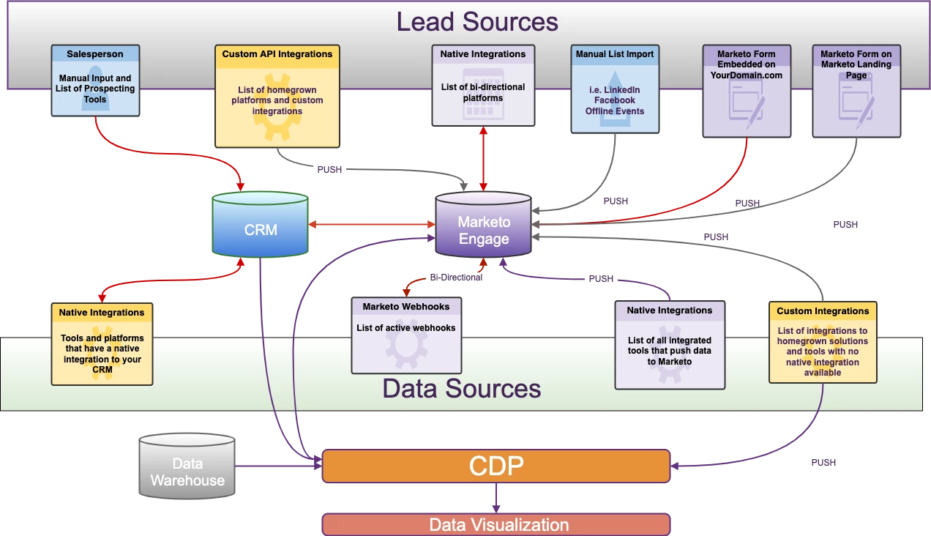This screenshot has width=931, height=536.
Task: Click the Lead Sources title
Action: [x=477, y=21]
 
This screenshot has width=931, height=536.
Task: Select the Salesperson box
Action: [x=95, y=81]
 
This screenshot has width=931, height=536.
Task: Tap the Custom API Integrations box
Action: [x=277, y=96]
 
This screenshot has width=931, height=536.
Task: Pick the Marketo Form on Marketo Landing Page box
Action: [x=856, y=92]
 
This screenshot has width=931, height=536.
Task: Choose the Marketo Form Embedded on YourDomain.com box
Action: [x=746, y=92]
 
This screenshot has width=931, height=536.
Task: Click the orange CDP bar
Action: [x=496, y=466]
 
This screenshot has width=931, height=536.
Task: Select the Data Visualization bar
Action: [x=496, y=525]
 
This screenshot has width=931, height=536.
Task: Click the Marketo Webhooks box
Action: [x=405, y=335]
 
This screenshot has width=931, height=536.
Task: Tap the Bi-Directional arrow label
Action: [x=455, y=278]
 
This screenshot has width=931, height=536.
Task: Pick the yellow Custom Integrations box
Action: [x=823, y=342]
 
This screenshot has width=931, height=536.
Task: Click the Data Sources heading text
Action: [x=462, y=388]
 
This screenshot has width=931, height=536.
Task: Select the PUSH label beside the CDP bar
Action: [x=823, y=463]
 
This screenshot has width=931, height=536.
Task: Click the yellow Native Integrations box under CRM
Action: [x=102, y=344]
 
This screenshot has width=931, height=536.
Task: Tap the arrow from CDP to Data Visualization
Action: [x=496, y=499]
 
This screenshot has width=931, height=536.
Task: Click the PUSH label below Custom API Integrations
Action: [x=329, y=170]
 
